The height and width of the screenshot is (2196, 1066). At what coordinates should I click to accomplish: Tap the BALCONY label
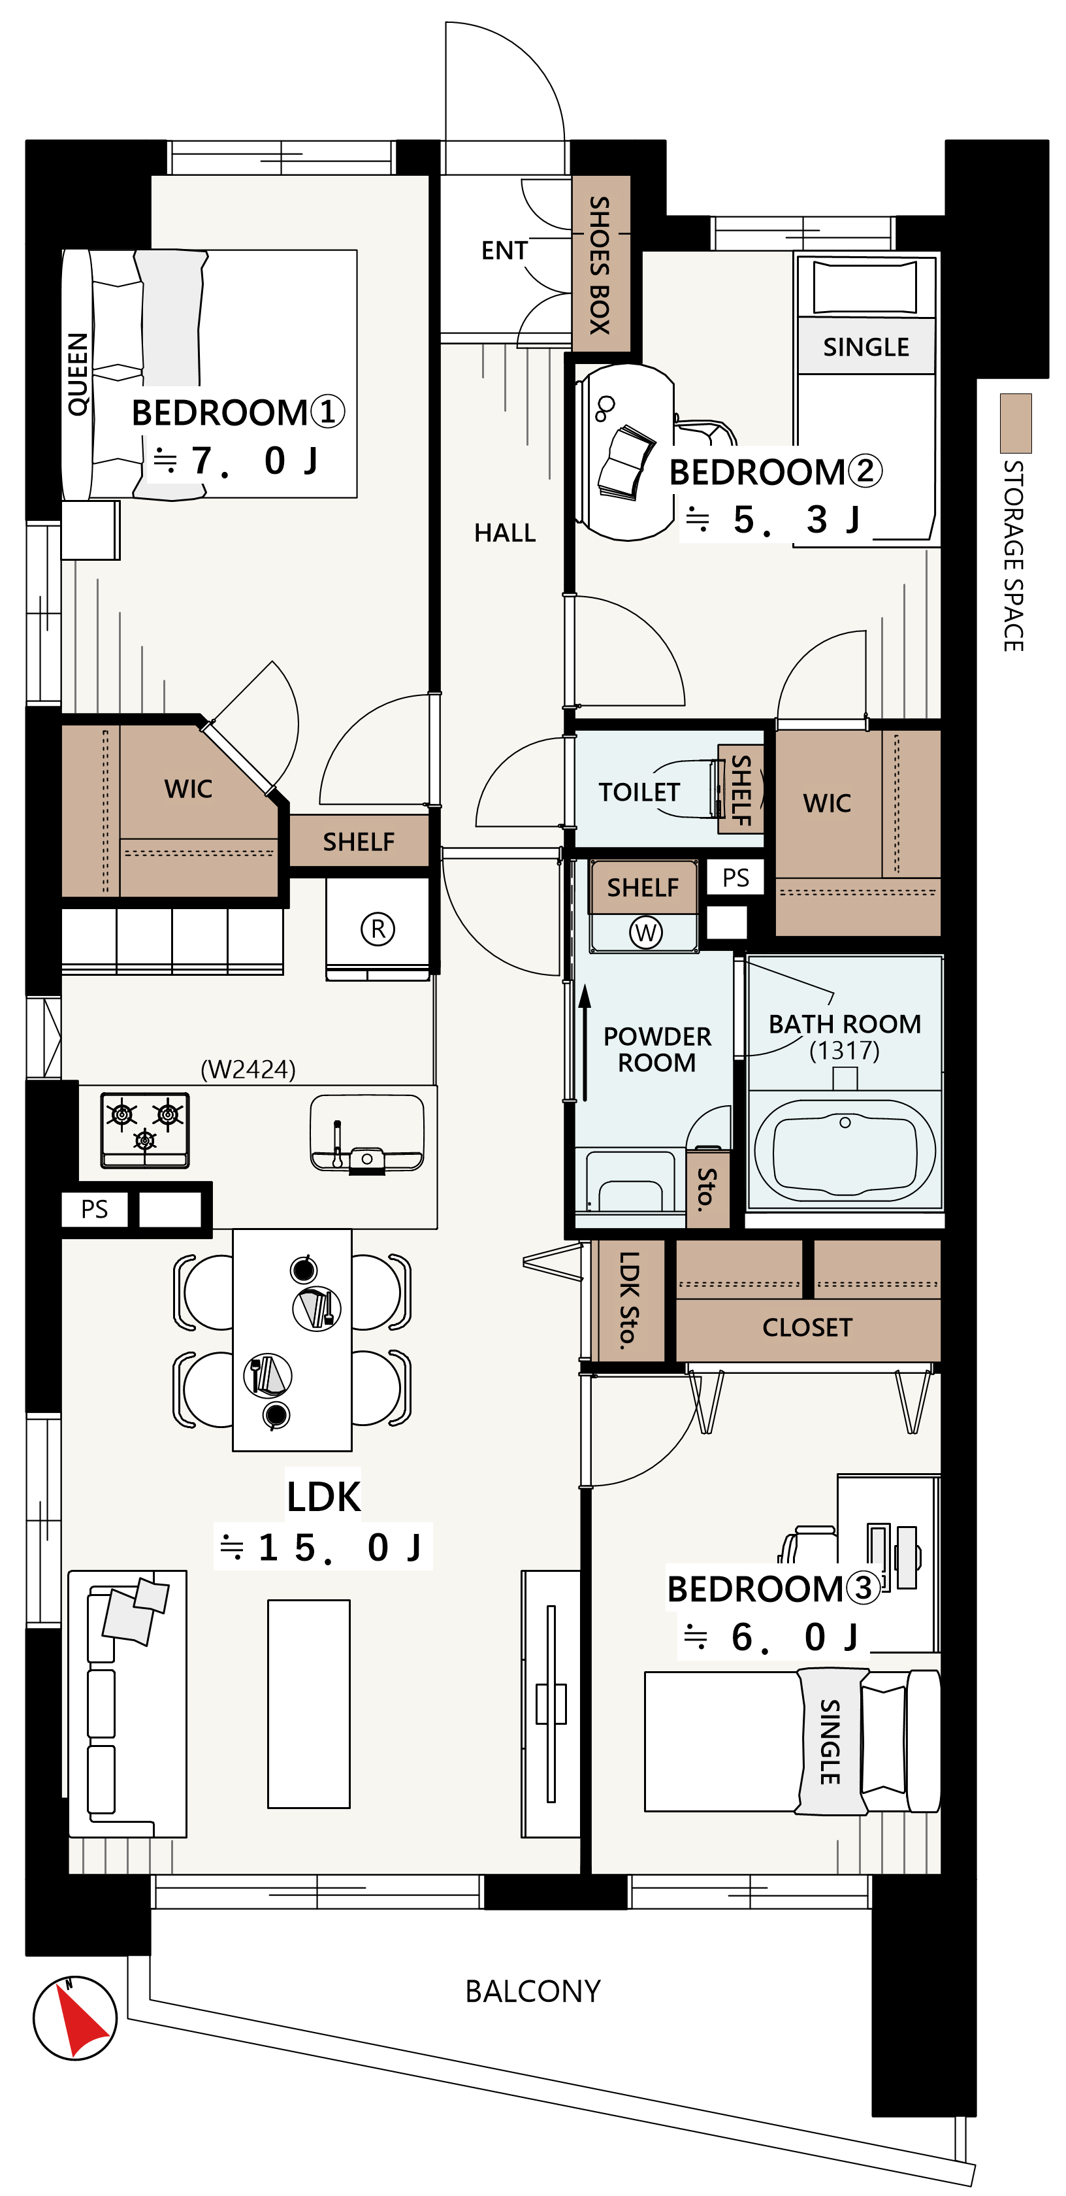point(532,1991)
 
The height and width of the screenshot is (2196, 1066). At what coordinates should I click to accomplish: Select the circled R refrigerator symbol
point(378,928)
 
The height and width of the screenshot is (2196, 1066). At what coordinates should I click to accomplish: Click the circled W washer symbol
point(645,932)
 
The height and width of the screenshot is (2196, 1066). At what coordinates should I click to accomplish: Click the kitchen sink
point(366,1134)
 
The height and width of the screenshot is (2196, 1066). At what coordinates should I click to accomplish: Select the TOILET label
point(638,792)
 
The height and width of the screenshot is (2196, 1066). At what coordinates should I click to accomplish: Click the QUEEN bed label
point(78,374)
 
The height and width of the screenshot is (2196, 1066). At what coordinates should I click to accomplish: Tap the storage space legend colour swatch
point(1015,423)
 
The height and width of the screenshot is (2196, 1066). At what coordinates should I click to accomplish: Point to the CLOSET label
point(807,1327)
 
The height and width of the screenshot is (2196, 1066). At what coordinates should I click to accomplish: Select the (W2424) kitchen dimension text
point(248,1069)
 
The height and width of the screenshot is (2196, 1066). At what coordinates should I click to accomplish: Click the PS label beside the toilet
point(735,877)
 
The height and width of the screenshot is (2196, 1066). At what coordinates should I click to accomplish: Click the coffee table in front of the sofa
point(308,1703)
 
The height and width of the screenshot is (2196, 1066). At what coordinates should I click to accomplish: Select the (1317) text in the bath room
point(844,1050)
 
